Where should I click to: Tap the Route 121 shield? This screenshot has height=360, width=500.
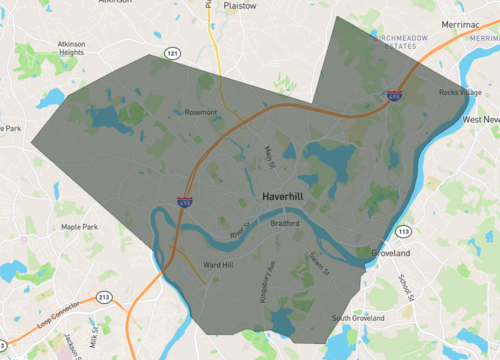tap(174, 53)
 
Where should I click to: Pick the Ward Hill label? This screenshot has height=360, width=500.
tap(217, 265)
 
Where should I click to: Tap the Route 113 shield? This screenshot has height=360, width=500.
tap(403, 231)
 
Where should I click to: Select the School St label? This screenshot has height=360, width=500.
tap(405, 287)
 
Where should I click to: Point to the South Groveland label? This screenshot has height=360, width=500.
tap(358, 318)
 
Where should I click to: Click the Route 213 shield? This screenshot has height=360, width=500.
tap(103, 297)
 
